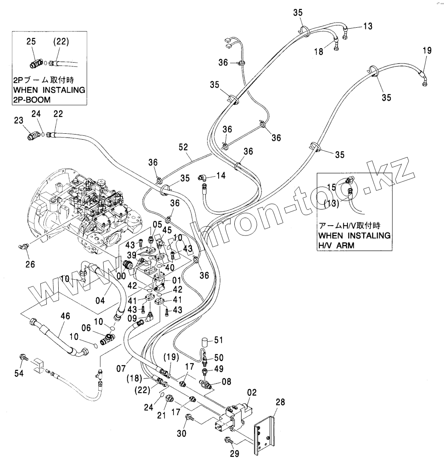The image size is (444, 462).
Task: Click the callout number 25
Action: click(31, 41)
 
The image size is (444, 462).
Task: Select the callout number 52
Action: click(183, 147)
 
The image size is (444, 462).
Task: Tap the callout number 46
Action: click(65, 316)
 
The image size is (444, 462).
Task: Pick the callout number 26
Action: click(29, 264)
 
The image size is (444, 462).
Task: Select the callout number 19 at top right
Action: click(427, 50)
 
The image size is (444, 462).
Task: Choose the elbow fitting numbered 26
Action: click(24, 246)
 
